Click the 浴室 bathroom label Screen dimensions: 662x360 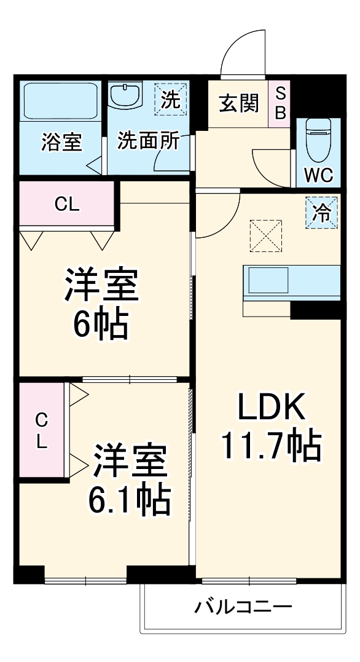[x=61, y=142]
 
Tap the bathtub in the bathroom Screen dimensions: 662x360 [x=61, y=101]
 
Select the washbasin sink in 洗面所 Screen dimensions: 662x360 [x=126, y=96]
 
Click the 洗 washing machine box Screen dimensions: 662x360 [x=171, y=100]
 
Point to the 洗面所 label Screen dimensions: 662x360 [x=149, y=141]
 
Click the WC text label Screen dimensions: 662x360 [x=319, y=176]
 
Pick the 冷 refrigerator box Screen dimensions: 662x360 [x=322, y=213]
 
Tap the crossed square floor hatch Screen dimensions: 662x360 [x=265, y=236]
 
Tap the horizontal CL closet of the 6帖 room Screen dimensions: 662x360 [x=67, y=205]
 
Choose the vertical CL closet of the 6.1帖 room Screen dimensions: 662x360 [x=41, y=430]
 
